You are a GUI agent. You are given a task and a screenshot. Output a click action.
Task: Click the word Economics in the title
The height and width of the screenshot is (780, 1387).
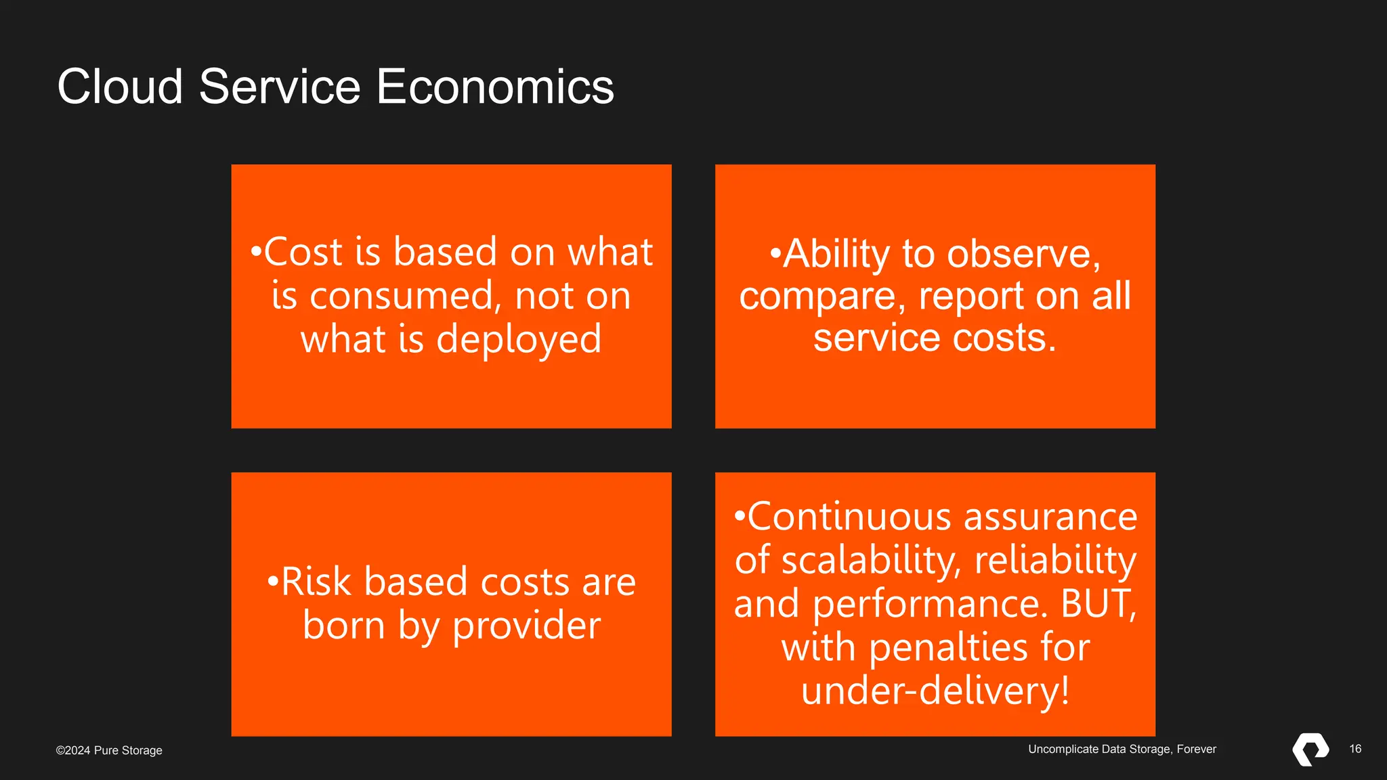coord(494,87)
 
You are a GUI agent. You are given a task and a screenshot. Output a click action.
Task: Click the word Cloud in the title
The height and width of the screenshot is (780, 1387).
coord(120,87)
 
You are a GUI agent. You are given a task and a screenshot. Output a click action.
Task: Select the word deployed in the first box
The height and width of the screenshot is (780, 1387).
coord(519,340)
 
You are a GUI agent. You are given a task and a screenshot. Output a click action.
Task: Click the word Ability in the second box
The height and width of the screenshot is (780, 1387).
coord(836,255)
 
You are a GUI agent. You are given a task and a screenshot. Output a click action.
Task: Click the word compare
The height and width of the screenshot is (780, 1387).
coord(822,297)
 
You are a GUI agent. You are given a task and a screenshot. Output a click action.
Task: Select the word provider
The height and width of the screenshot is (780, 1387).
coord(526,626)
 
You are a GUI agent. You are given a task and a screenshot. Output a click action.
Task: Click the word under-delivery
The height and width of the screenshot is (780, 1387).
coord(935,691)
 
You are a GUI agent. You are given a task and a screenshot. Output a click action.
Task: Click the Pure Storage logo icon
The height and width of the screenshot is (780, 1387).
coord(1310,750)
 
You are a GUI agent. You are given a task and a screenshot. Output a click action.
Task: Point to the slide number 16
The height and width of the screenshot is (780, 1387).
coord(1354,749)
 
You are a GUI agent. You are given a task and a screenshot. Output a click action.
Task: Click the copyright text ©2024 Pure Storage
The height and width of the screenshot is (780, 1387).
coord(109,750)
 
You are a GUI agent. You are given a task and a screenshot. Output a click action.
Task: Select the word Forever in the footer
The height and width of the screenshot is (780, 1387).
coord(1196,749)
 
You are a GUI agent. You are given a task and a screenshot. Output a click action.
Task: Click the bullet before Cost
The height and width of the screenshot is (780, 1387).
coord(255,253)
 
